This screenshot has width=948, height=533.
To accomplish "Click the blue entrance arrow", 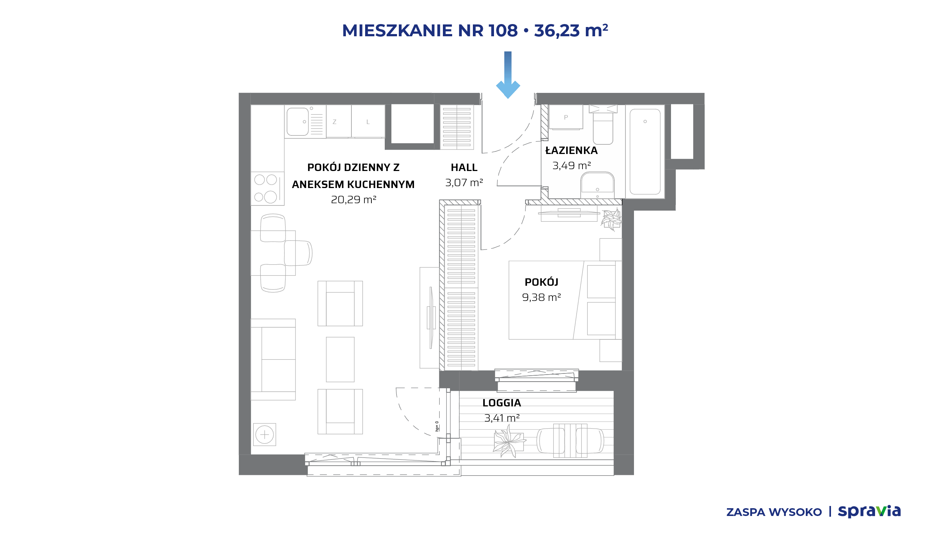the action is coord(508,74).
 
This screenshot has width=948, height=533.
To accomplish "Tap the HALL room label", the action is coord(464,168).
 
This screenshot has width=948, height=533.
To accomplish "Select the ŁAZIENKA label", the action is coord(571,150).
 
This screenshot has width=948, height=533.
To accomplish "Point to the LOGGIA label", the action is coord(501,403).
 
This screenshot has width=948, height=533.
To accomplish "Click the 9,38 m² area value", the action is coord(541,297).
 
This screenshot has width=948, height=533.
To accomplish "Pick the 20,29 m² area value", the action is coord(354,200).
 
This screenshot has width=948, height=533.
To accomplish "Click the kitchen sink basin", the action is coord(298,121).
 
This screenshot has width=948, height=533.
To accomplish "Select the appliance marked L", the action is coord(368,121).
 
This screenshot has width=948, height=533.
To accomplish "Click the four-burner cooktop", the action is coord(267,188).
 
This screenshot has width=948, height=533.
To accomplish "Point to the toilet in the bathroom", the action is coord(603,125).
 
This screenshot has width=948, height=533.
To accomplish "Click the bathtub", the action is coord(645,151).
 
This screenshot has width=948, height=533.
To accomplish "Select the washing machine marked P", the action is coord(566,117).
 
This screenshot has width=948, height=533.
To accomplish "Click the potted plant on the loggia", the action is coord(509,441).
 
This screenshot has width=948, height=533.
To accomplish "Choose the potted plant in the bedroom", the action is coord(611,219).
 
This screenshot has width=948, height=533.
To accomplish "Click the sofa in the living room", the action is coord(273,359).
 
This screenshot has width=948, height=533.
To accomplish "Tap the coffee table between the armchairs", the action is coord(340,359).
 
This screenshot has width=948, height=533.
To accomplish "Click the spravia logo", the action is coord(869,512).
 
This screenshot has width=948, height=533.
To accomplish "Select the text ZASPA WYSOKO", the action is coord(774,512).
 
